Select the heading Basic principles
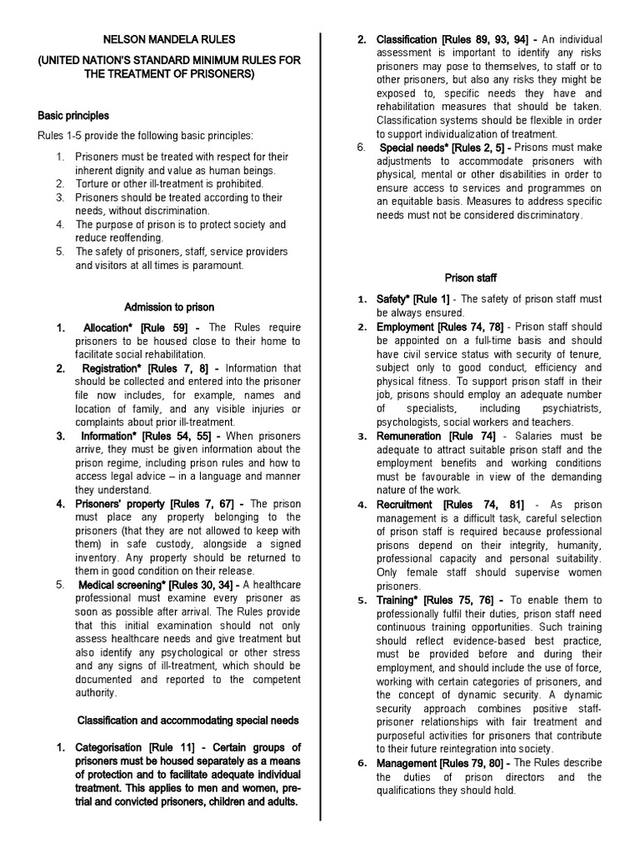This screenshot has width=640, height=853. coord(73,116)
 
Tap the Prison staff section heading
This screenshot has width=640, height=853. coord(470,277)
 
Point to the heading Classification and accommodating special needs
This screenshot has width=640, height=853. coord(188,719)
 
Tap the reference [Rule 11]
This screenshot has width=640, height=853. coord(177,747)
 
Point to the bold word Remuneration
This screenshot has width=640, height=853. coord(409,436)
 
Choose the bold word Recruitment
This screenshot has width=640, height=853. coord(404,504)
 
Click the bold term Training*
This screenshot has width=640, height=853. coord(397,599)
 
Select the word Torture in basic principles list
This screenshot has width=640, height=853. coord(91,183)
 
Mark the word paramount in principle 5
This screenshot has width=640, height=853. coord(215,265)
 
